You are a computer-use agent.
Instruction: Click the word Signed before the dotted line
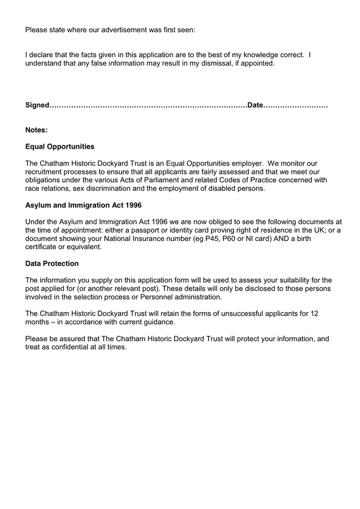[37, 106]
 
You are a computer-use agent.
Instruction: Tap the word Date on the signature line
[256, 106]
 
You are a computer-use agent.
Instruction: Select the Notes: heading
[37, 130]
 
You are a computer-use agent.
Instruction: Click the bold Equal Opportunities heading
[60, 146]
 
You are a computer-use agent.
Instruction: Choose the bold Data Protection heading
[52, 264]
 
